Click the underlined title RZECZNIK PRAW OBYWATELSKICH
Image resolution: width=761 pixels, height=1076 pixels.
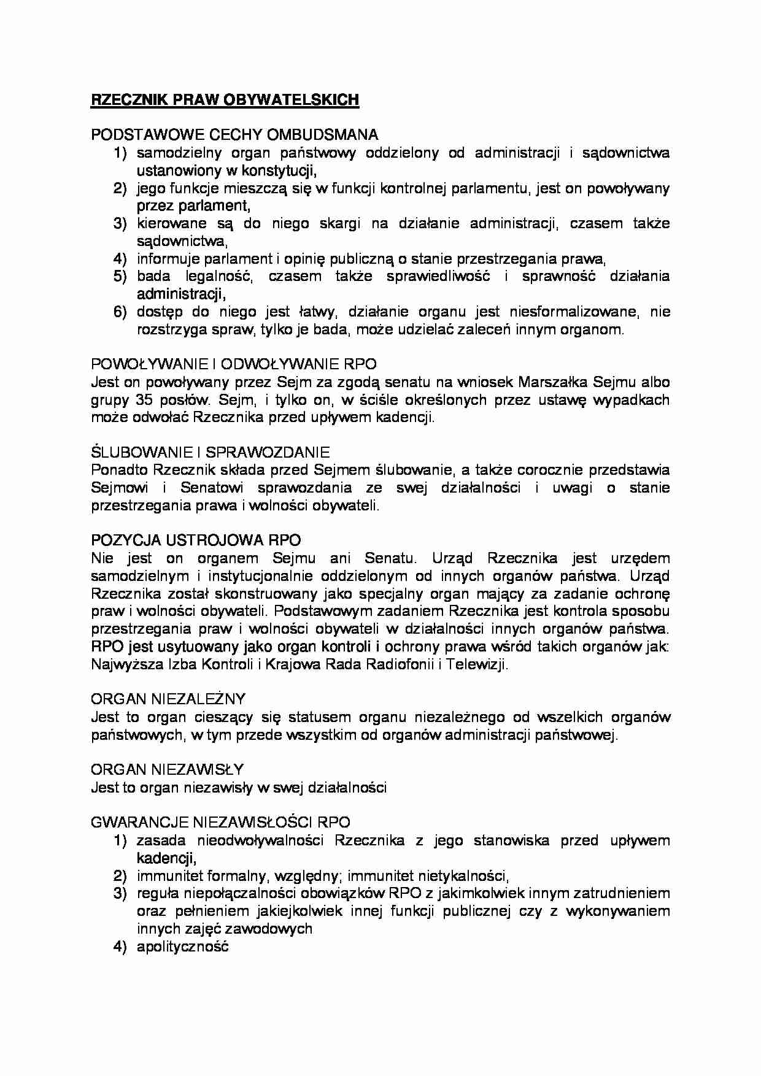click(x=225, y=100)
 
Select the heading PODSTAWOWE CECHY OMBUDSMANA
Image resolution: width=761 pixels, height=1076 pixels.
click(x=234, y=135)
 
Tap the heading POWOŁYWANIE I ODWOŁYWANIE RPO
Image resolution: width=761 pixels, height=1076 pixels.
click(x=234, y=364)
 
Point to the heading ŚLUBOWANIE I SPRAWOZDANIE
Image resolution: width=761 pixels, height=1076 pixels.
click(x=210, y=452)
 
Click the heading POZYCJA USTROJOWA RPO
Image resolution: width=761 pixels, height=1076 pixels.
click(x=196, y=540)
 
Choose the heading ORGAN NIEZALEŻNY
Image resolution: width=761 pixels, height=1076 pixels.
click(x=168, y=699)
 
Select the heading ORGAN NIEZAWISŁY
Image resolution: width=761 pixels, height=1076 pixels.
click(x=167, y=769)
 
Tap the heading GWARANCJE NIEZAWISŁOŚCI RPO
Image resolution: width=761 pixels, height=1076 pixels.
click(x=220, y=823)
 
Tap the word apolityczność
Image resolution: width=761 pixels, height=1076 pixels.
click(x=183, y=947)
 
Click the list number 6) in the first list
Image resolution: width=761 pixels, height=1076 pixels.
click(x=120, y=312)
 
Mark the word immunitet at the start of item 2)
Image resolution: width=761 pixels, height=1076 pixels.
click(x=162, y=875)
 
